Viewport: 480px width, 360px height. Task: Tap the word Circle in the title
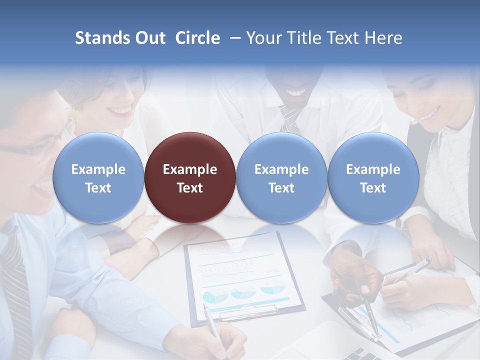click(x=197, y=38)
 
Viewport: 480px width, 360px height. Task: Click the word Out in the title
click(x=150, y=38)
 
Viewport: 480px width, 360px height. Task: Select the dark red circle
click(x=190, y=178)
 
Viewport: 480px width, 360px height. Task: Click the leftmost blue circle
click(x=98, y=178)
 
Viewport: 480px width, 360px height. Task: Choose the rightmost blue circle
click(x=373, y=178)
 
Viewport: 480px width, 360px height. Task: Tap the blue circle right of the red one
click(x=281, y=178)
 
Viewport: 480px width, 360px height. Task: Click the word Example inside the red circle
click(x=190, y=169)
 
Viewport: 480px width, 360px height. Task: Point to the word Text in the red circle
click(x=190, y=188)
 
